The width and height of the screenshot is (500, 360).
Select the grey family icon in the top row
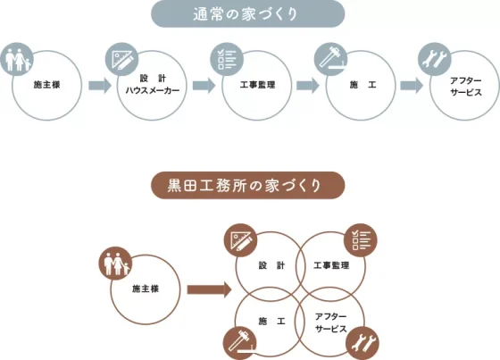click(17, 59)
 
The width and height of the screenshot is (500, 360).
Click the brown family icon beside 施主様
click(115, 264)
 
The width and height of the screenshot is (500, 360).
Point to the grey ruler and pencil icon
click(121, 59)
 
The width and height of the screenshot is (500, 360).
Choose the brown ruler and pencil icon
click(240, 240)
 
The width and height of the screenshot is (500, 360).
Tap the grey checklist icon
click(227, 59)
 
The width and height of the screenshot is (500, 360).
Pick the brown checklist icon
click(361, 240)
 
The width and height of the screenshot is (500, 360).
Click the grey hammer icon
click(330, 59)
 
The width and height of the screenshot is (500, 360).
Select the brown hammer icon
click(240, 343)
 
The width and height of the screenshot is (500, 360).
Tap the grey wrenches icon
click(435, 59)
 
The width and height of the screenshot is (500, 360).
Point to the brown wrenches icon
click(362, 343)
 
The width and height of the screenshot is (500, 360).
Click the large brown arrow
click(209, 289)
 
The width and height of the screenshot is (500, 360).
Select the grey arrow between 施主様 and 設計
click(100, 86)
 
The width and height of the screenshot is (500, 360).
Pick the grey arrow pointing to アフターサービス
click(412, 86)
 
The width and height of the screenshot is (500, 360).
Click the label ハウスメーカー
click(153, 90)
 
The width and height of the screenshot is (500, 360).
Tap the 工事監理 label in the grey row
click(257, 85)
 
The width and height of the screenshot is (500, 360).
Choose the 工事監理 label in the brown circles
click(331, 265)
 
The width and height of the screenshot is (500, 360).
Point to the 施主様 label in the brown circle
click(146, 289)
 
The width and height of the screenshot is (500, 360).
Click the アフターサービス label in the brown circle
click(330, 322)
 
